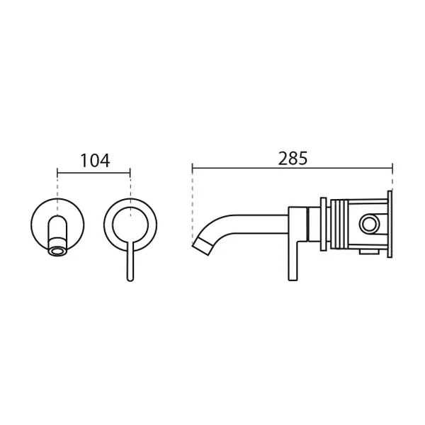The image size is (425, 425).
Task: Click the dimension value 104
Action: (x=95, y=161)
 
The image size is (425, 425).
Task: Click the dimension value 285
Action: (x=293, y=158)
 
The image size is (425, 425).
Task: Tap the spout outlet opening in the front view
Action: (x=57, y=251)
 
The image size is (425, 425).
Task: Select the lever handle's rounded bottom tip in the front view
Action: (x=130, y=279)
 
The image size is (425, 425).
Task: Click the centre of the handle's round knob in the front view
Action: (x=130, y=225)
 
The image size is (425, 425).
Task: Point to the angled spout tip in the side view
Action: (x=202, y=246)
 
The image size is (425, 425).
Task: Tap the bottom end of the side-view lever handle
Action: (x=293, y=280)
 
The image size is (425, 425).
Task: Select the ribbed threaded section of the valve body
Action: (x=339, y=224)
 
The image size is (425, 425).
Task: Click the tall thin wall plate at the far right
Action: (x=390, y=224)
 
